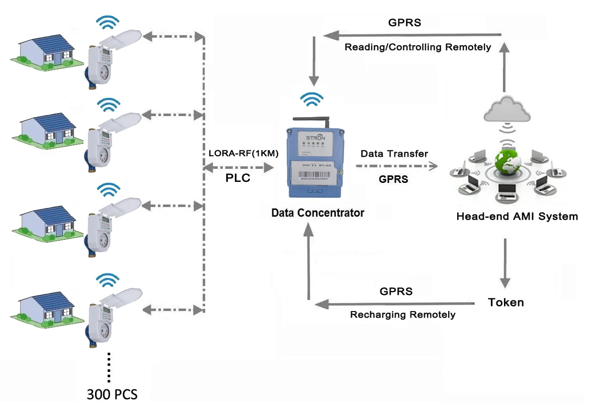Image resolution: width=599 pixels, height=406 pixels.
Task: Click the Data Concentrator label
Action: [x=317, y=213]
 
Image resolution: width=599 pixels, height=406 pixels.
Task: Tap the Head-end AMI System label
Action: [x=517, y=217]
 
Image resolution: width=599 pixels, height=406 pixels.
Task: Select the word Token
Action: [x=506, y=302]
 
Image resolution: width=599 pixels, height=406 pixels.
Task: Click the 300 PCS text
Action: [x=112, y=393]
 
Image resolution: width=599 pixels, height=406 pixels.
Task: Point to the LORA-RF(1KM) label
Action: [x=243, y=154]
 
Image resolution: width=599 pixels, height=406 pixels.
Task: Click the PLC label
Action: [x=238, y=178]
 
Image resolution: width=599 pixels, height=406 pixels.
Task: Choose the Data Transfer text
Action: [x=394, y=153]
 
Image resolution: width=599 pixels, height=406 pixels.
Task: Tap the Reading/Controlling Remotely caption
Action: [x=417, y=47]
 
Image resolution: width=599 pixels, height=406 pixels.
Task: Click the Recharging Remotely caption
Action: [x=403, y=315]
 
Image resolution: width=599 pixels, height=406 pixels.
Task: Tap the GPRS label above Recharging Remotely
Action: [x=396, y=291]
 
